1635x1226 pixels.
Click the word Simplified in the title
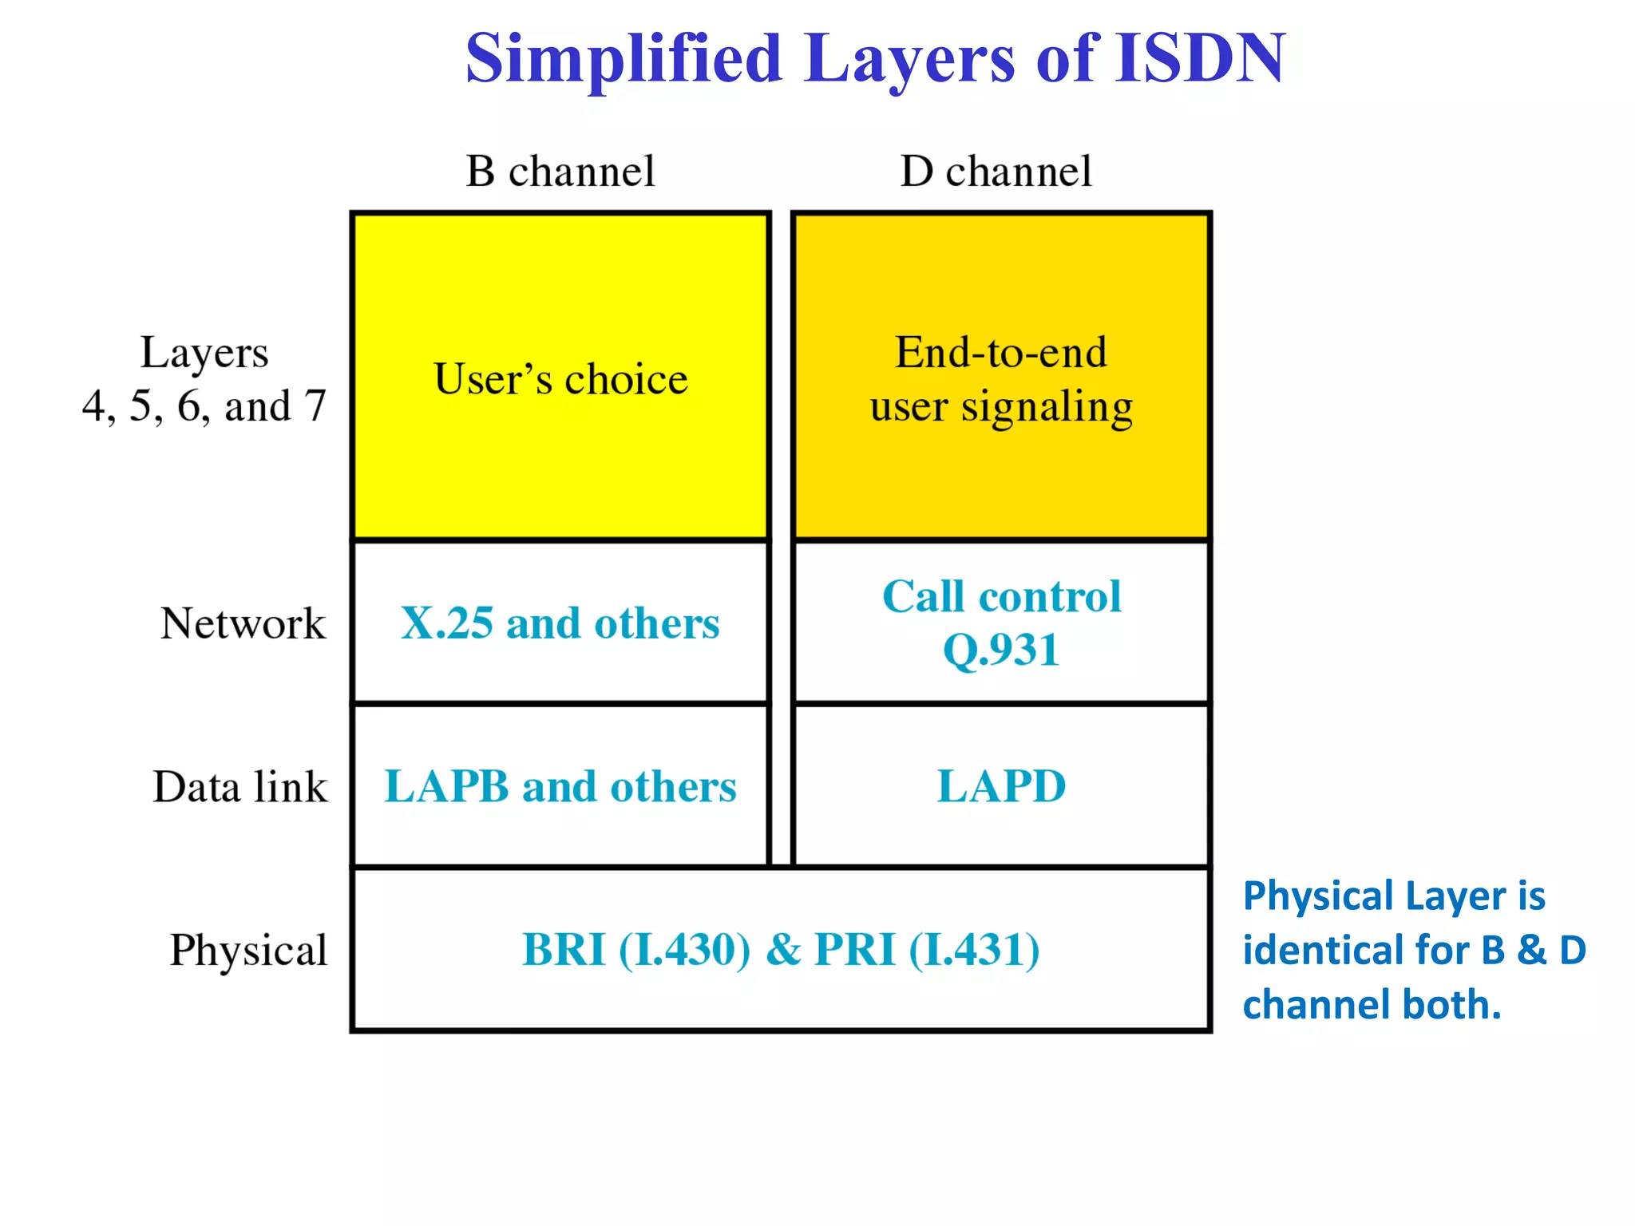(624, 58)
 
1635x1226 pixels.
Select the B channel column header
(560, 171)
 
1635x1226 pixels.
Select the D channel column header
(996, 171)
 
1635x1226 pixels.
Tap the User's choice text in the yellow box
(560, 378)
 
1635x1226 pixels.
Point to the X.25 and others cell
(560, 623)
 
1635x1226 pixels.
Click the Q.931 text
(1001, 650)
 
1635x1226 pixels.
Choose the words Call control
(1001, 596)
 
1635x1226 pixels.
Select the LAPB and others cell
(560, 786)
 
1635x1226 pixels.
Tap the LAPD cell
(1001, 786)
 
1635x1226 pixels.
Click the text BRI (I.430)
(636, 950)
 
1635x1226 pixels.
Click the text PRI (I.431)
(927, 950)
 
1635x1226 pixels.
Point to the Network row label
(243, 623)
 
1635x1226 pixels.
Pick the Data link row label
(240, 787)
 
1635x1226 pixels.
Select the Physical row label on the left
(248, 950)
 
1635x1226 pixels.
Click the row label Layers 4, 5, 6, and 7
(204, 379)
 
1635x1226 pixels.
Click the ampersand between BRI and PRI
(783, 950)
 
